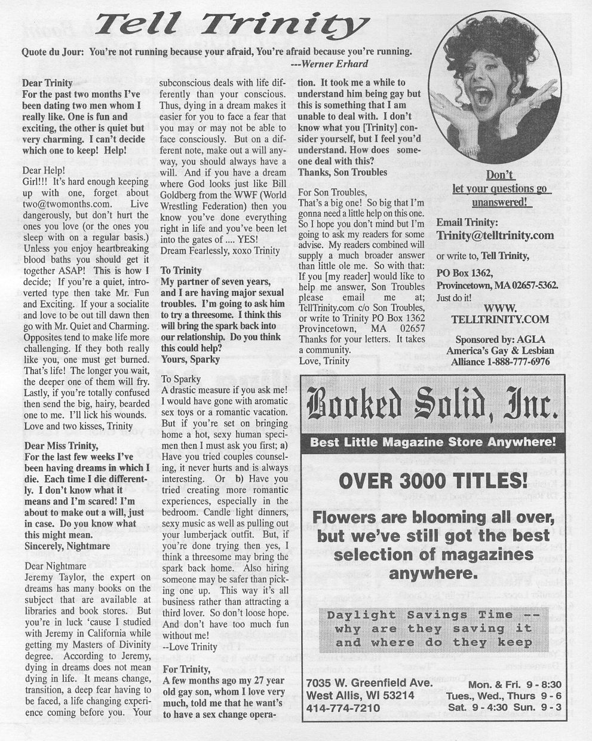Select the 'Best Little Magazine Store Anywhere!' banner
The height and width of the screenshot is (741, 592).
click(433, 443)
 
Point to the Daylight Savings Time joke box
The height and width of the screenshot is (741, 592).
click(433, 629)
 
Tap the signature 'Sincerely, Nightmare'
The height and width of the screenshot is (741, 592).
click(67, 546)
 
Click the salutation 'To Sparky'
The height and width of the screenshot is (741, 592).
click(181, 379)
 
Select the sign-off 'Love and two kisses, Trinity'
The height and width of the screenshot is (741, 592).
click(78, 426)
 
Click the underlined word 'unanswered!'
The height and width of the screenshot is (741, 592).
click(500, 202)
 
